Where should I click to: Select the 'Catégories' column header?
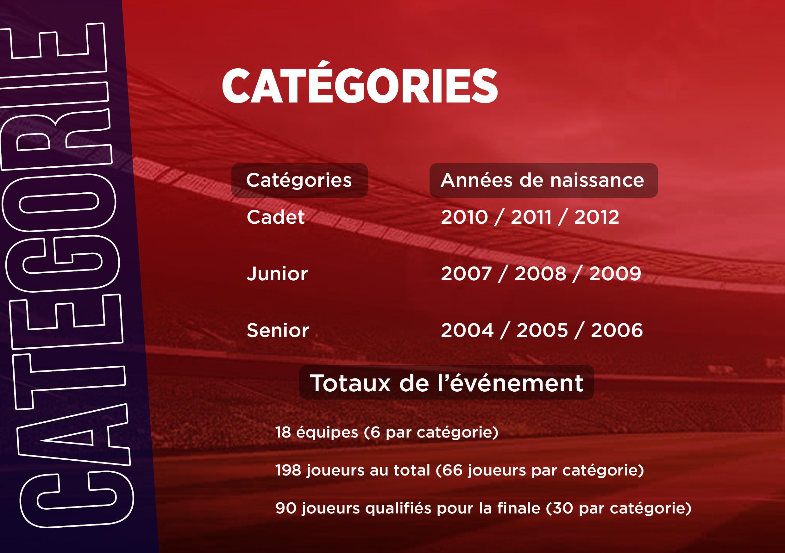(x=299, y=180)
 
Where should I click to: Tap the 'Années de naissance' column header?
(x=543, y=180)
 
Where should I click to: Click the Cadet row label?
(x=276, y=217)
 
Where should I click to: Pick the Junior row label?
(x=277, y=274)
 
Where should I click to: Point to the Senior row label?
(x=278, y=331)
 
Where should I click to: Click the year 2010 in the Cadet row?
(x=464, y=217)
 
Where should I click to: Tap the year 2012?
(x=597, y=217)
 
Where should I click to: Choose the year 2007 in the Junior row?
(x=466, y=274)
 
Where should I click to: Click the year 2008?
(x=541, y=274)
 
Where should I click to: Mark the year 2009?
(x=615, y=274)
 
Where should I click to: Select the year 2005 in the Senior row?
(x=542, y=331)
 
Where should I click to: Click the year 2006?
(x=617, y=331)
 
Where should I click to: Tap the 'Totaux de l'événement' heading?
(x=447, y=383)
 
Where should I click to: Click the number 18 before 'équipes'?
(x=283, y=432)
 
